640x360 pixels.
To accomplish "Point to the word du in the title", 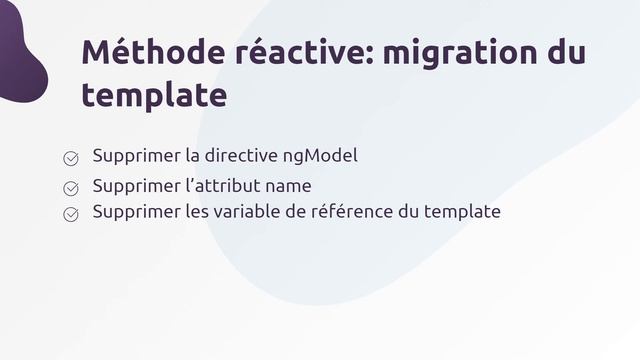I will click(568, 52).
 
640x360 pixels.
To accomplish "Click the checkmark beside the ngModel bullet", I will click(72, 158).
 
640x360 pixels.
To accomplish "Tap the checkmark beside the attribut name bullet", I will click(72, 187).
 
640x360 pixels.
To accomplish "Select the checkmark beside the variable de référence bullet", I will click(72, 214).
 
